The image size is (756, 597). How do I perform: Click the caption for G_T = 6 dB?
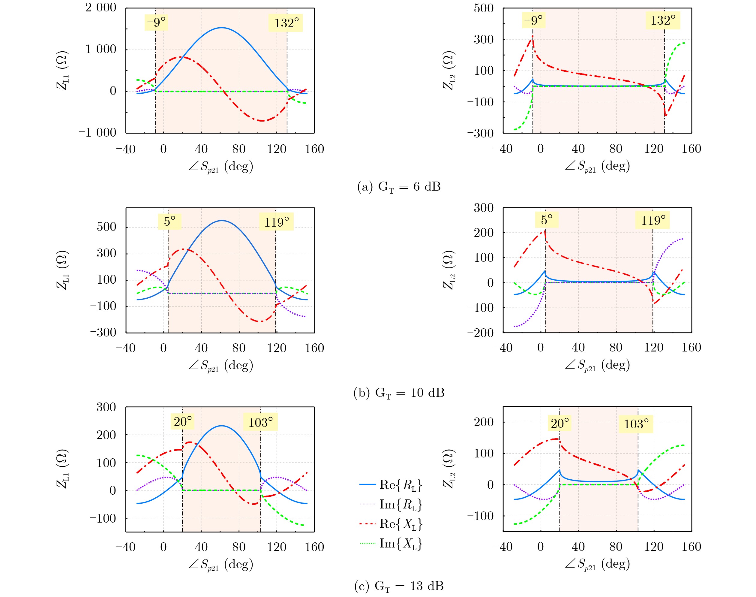point(399,187)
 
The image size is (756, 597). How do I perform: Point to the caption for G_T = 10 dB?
point(399,393)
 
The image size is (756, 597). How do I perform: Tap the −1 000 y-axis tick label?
point(97,133)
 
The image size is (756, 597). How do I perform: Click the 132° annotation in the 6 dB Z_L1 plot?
point(286,23)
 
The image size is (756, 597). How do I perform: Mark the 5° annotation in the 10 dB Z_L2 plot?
point(546,220)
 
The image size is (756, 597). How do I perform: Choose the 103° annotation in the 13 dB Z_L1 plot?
point(260,422)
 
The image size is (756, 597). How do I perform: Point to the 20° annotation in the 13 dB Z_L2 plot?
point(560,424)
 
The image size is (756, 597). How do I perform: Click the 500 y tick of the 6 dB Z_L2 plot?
point(484,8)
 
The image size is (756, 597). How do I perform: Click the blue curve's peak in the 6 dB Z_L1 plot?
point(221,28)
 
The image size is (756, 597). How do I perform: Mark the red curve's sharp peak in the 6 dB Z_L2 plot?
point(532,36)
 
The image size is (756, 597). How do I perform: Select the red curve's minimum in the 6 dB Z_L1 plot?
point(262,121)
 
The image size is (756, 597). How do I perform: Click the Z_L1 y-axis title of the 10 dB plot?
point(63,270)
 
